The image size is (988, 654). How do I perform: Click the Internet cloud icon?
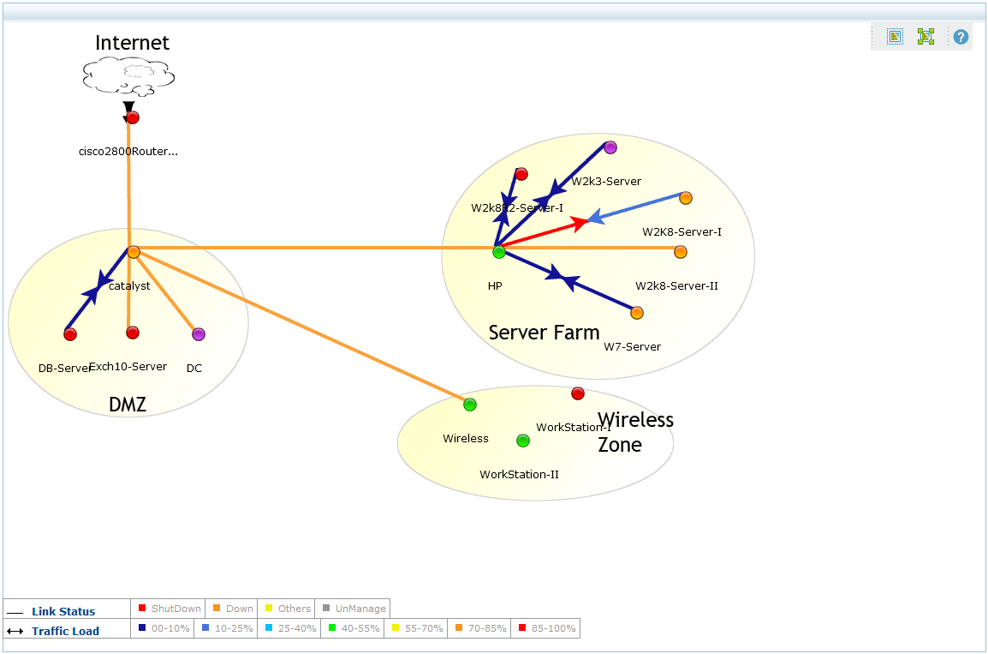click(x=128, y=76)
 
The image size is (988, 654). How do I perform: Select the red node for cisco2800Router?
click(x=133, y=117)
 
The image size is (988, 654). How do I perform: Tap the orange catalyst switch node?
click(x=134, y=252)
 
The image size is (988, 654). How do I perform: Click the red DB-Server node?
click(x=70, y=334)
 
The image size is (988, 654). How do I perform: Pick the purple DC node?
click(x=199, y=334)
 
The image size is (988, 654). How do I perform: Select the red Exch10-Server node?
click(x=133, y=333)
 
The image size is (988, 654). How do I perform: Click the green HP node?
click(x=499, y=252)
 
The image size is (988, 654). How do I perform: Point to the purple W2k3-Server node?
click(x=610, y=147)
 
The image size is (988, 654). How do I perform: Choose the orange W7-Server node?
click(x=637, y=313)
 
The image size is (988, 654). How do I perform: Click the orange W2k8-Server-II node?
click(x=681, y=252)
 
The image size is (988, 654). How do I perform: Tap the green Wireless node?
click(x=470, y=405)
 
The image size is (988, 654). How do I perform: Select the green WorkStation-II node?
click(x=523, y=441)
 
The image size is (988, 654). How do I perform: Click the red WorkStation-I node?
click(x=578, y=393)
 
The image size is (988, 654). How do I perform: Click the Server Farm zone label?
click(x=544, y=333)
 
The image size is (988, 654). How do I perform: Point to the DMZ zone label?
click(x=128, y=405)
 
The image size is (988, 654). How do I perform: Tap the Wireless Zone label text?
click(x=634, y=432)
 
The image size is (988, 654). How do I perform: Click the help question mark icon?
click(x=961, y=37)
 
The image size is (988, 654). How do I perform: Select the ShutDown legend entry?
click(x=170, y=609)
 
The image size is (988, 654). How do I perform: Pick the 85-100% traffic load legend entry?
click(x=545, y=629)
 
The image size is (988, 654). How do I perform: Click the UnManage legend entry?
click(x=353, y=609)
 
